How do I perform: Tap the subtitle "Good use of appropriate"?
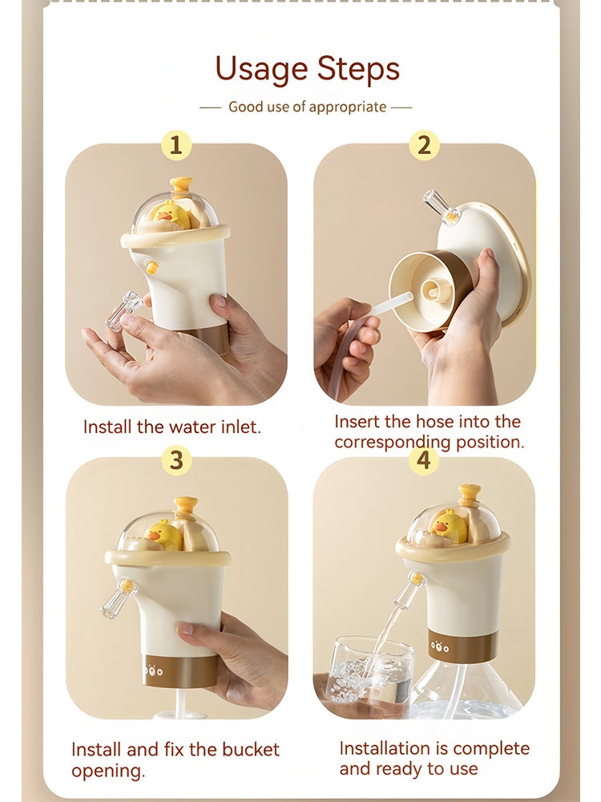307,107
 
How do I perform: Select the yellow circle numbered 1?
176,145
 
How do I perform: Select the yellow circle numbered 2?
424,145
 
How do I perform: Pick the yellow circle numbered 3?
176,460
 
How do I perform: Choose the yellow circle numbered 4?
424,460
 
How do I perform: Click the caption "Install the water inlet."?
172,427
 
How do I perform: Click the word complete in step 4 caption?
491,748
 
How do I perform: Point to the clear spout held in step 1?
124,310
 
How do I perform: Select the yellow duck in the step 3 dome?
163,535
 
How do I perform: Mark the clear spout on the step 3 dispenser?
119,597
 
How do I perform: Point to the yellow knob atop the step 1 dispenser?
181,186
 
